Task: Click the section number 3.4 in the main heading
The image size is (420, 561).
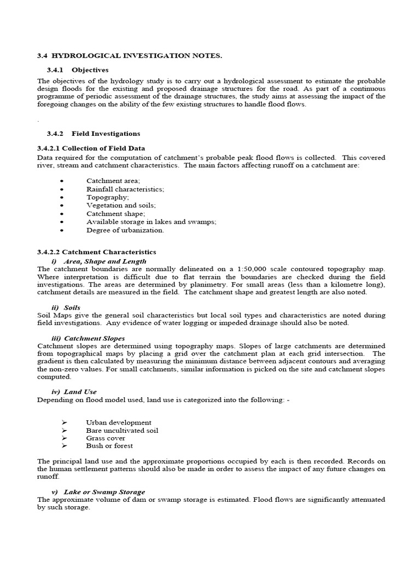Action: pyautogui.click(x=42, y=56)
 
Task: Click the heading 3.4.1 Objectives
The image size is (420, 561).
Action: pyautogui.click(x=78, y=70)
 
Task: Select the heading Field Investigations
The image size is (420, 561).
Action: pyautogui.click(x=106, y=134)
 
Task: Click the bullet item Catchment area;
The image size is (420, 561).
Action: pyautogui.click(x=113, y=181)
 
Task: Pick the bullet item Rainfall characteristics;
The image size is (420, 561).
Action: pyautogui.click(x=125, y=189)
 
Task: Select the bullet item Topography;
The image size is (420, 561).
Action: pyautogui.click(x=108, y=197)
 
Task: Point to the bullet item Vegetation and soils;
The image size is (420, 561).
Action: pyautogui.click(x=121, y=205)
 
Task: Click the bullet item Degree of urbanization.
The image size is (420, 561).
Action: pyautogui.click(x=125, y=230)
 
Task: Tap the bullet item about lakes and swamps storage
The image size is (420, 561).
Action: pyautogui.click(x=151, y=222)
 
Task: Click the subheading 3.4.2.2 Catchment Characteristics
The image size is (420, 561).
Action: pyautogui.click(x=96, y=252)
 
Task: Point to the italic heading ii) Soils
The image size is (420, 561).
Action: pyautogui.click(x=65, y=308)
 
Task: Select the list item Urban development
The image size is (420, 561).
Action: pyautogui.click(x=119, y=422)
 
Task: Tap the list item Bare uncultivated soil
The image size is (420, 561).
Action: pyautogui.click(x=122, y=431)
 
